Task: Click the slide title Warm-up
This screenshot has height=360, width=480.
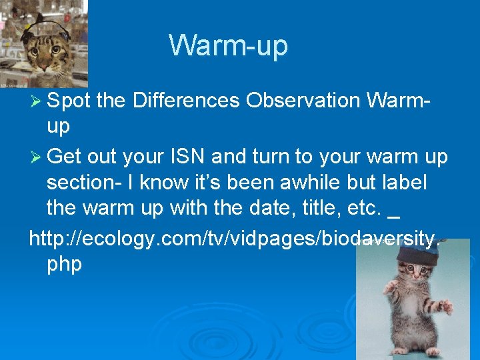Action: coord(228,46)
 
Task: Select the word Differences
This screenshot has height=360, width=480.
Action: coord(186,101)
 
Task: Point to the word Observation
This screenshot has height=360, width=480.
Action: coord(303,101)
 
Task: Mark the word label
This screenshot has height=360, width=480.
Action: coord(404,183)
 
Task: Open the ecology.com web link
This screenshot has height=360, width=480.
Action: coord(233,238)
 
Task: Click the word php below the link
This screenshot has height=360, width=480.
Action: coord(65,265)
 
